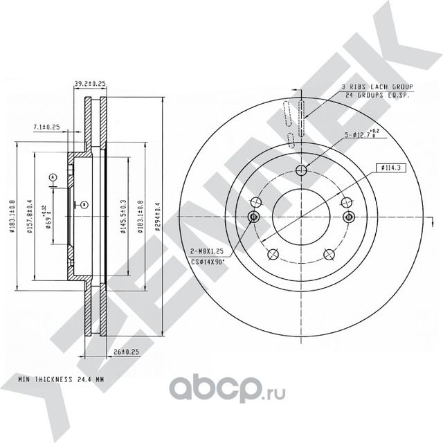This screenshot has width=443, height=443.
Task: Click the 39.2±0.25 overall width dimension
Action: tap(90, 84)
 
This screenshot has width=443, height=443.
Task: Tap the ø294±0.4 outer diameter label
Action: tap(159, 217)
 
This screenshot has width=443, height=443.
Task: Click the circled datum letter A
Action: tap(53, 178)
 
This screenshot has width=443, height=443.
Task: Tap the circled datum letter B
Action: tap(83, 204)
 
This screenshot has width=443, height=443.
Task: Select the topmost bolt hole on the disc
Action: tap(300, 172)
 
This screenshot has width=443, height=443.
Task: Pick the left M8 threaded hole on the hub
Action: tap(253, 217)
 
